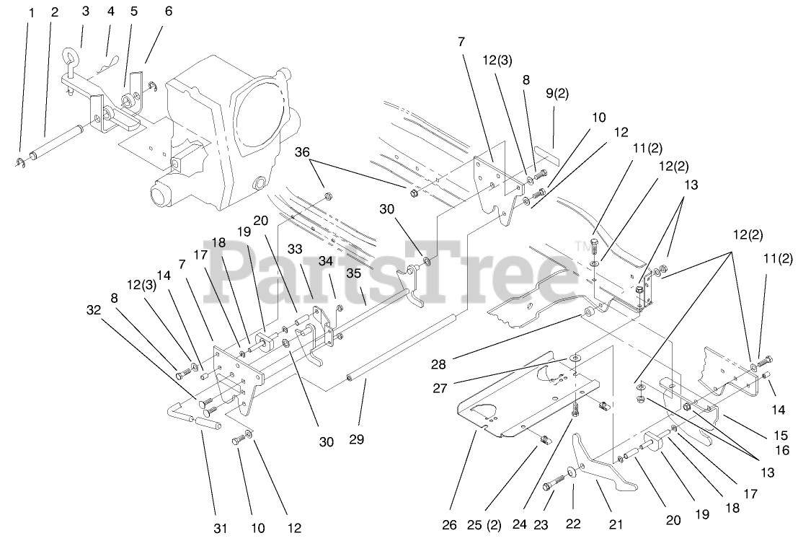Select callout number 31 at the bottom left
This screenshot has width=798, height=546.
220,529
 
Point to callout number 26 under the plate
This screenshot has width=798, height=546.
449,525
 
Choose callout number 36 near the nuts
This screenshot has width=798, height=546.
302,152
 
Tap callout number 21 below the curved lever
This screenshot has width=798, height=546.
615,525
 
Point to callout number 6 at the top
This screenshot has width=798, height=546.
168,12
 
